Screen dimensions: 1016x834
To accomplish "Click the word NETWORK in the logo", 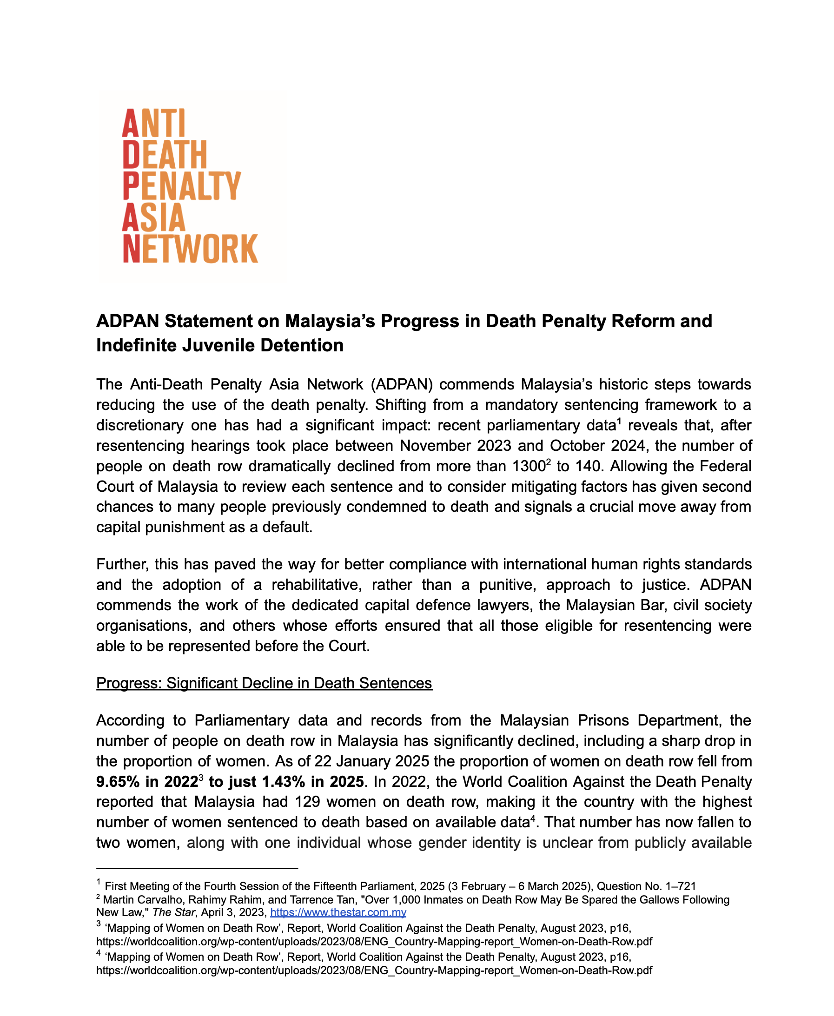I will click(190, 249).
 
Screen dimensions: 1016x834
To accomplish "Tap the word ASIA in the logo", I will click(153, 218).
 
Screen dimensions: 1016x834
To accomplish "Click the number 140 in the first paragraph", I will click(586, 467).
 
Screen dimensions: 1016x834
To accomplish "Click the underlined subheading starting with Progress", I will click(264, 683).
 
